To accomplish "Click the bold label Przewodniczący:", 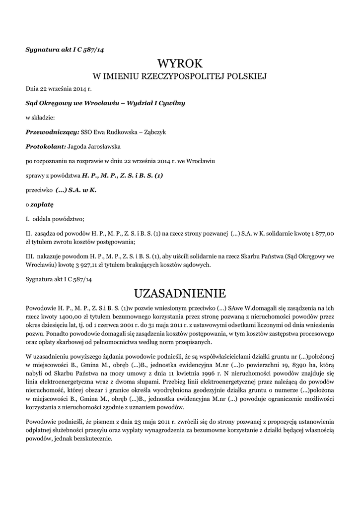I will (x=52, y=132).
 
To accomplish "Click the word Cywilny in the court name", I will (x=171, y=103).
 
